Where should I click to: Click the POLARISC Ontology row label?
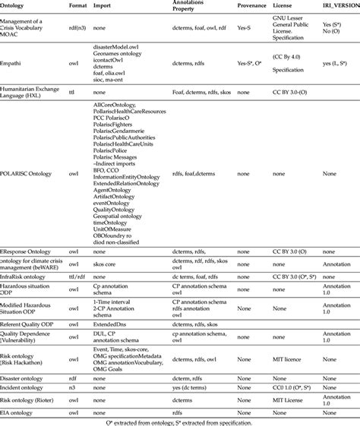[x=27, y=173]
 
